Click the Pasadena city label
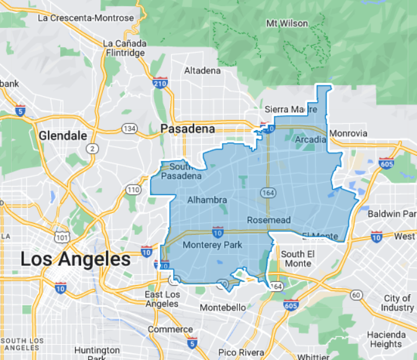point(187,129)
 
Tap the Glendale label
point(61,134)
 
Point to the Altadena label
point(202,71)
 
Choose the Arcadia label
point(310,139)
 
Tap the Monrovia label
point(348,133)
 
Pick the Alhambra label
point(207,200)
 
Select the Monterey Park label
point(213,245)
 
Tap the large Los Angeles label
point(76,259)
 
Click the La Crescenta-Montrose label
point(86,18)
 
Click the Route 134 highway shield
point(129,128)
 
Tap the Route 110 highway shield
point(133,189)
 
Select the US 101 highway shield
point(61,237)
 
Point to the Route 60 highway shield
point(356,295)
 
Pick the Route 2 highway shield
point(92,148)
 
